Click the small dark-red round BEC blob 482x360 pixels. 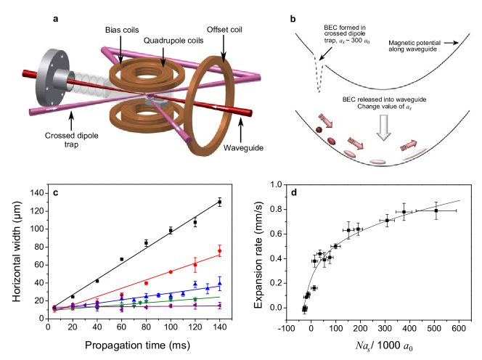[319, 129]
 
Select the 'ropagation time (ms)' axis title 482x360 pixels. [142, 345]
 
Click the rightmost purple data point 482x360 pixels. [219, 306]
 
